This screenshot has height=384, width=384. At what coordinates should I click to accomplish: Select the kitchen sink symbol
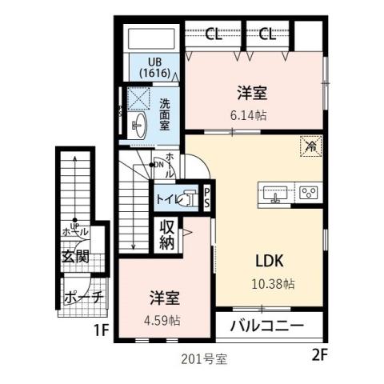click(275, 193)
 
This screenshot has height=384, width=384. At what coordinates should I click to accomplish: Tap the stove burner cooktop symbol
click(308, 193)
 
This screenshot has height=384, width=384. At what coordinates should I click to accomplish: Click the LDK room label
click(270, 262)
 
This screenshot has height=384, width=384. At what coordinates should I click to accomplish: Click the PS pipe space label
click(206, 197)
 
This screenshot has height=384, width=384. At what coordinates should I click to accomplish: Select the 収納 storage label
click(166, 234)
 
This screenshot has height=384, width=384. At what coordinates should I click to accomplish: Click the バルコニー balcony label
click(267, 326)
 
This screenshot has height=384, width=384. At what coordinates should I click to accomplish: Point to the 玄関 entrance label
click(76, 258)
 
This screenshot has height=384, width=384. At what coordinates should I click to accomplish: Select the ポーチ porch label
click(82, 298)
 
